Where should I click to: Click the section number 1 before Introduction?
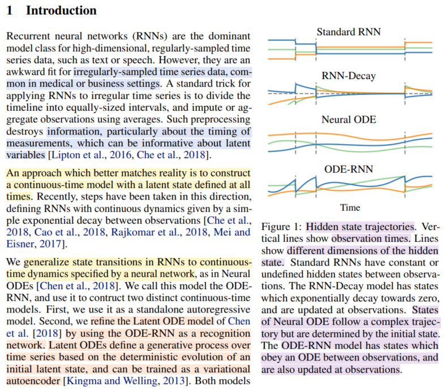pos(10,10)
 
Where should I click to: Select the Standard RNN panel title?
pos(349,32)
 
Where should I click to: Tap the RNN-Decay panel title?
pos(349,75)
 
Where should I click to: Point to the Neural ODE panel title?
pos(349,120)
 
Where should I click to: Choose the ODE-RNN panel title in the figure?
pos(349,168)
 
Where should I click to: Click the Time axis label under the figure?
pos(349,207)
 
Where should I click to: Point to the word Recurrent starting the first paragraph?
pos(26,36)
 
